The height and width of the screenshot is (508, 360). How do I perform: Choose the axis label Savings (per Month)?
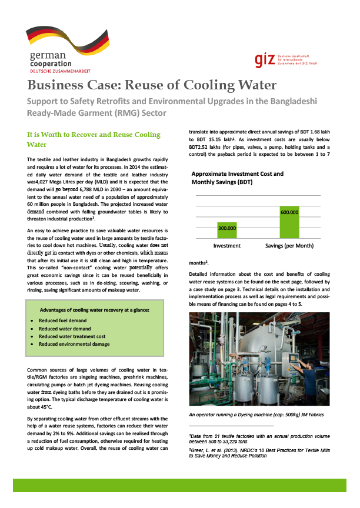click(x=290, y=245)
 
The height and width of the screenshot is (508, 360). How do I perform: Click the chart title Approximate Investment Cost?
click(x=237, y=174)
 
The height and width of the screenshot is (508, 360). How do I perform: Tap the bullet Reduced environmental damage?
click(x=74, y=343)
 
